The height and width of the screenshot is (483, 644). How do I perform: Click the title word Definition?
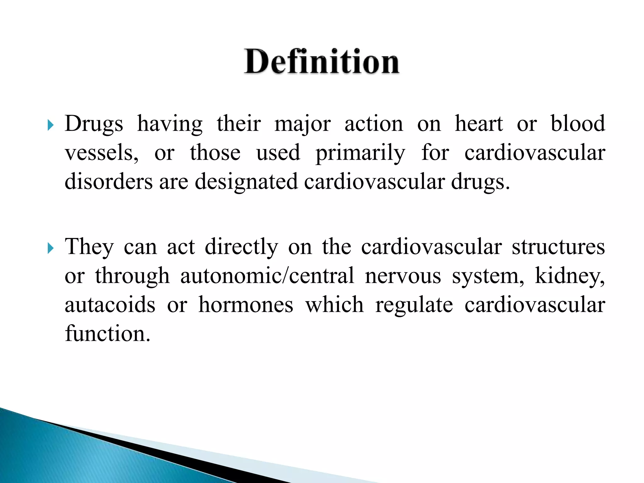[x=322, y=62]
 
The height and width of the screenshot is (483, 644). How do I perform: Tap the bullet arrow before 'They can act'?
[x=50, y=248]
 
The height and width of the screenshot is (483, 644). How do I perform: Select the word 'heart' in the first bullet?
[x=479, y=124]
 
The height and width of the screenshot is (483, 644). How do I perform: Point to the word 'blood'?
[x=578, y=124]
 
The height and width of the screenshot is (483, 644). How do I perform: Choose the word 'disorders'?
[x=108, y=182]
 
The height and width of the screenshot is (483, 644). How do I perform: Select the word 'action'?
[x=374, y=124]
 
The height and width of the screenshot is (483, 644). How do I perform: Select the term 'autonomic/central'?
[x=267, y=276]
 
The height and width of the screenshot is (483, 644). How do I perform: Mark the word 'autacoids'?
[x=110, y=305]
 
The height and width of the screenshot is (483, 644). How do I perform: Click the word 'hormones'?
[x=246, y=305]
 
